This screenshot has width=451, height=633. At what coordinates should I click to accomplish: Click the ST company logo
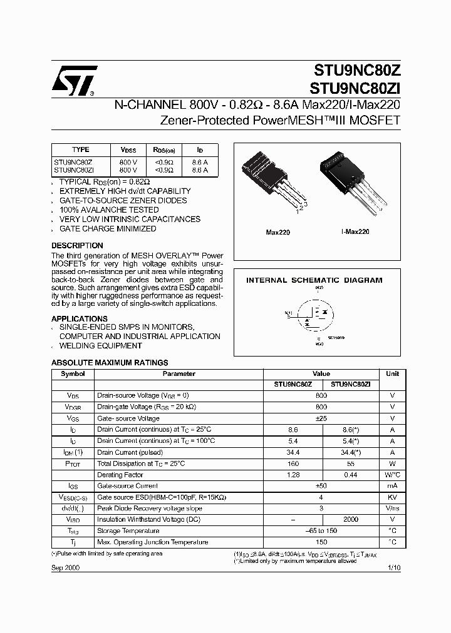[x=74, y=81]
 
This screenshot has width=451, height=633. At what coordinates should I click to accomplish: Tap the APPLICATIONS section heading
[x=79, y=318]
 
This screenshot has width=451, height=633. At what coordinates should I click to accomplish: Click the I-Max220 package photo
[x=355, y=181]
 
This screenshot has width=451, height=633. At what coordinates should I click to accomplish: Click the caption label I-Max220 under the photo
[x=355, y=231]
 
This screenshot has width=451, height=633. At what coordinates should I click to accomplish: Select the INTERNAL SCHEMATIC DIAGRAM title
[x=314, y=280]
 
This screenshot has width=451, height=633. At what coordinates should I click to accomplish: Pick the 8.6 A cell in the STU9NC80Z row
[x=200, y=161]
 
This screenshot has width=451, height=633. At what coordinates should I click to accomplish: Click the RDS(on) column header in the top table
[x=164, y=150]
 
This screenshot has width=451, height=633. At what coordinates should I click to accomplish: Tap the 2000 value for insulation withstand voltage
[x=350, y=519]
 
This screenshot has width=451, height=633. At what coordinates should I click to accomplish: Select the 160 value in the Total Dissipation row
[x=293, y=464]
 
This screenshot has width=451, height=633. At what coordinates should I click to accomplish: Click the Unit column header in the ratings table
[x=392, y=373]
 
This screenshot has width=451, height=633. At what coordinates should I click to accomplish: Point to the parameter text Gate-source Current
[x=127, y=486]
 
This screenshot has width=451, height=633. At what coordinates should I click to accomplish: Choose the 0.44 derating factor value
[x=350, y=475]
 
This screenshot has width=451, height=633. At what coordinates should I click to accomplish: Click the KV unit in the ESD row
[x=392, y=497]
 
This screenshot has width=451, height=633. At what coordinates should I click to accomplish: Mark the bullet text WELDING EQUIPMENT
[x=100, y=346]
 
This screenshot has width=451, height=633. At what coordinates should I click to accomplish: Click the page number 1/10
[x=393, y=567]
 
